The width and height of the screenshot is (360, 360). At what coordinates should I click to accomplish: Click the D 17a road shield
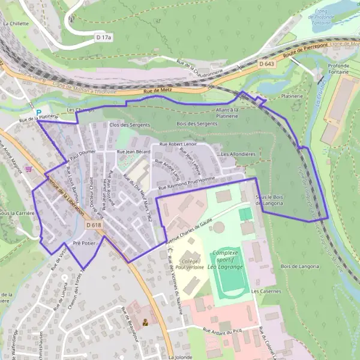pos(104,37)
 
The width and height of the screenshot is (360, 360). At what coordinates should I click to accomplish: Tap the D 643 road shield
pos(267,63)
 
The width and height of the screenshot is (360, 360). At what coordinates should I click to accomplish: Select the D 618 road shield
pos(93,224)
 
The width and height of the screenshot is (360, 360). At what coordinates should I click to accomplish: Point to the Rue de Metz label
pos(157,91)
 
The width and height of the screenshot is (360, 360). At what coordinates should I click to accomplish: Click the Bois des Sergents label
pos(197,124)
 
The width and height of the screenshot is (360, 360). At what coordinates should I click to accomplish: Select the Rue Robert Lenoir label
pos(178,145)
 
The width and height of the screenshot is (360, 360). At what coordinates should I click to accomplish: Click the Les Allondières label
pos(238,154)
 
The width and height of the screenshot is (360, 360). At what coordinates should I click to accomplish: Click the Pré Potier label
pos(84,243)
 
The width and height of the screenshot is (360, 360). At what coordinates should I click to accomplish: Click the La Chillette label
pos(16,23)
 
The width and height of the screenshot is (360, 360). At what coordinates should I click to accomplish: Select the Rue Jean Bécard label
pos(133,152)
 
